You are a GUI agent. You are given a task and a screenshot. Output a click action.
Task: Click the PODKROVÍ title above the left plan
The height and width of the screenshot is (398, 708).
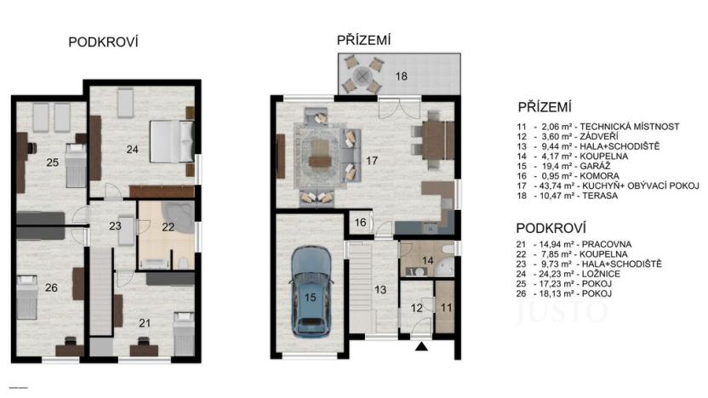coord(103,43)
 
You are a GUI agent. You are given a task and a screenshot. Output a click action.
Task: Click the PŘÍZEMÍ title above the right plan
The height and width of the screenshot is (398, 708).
coord(363,39)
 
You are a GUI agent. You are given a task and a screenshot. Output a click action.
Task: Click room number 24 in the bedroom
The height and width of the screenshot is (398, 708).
coord(132,150)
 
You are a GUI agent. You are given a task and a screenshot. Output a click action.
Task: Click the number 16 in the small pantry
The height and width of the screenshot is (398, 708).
coord(360,222)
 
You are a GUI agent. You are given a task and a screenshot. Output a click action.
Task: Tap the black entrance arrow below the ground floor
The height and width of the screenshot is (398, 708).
coord(420,346)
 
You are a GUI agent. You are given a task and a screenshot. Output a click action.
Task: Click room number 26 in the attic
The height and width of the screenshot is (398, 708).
coord(51,287)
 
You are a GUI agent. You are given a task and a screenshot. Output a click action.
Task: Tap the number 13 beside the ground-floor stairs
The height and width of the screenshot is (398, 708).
coord(380,290)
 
